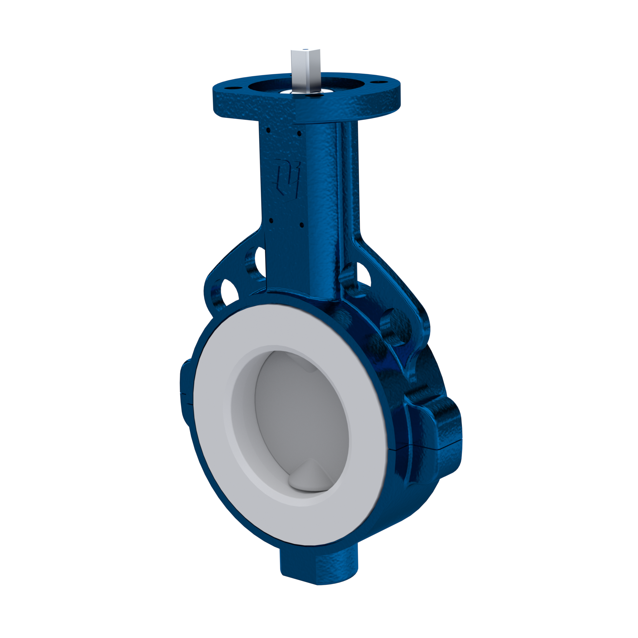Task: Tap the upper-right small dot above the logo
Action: point(299,133)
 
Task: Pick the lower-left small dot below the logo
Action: point(271,220)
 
